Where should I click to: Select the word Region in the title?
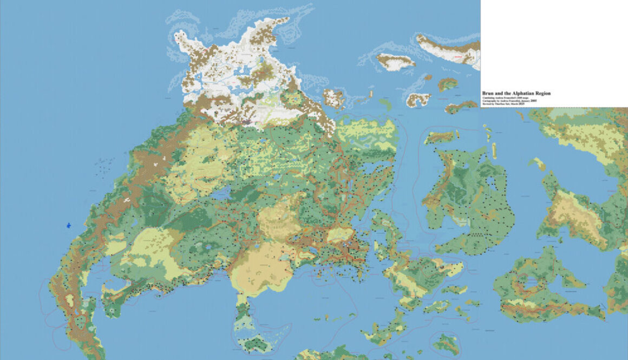543,93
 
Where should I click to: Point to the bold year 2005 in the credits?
533,100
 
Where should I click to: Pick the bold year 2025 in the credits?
522,103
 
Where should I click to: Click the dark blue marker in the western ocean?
69,225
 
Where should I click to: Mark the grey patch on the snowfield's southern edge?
246,123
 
